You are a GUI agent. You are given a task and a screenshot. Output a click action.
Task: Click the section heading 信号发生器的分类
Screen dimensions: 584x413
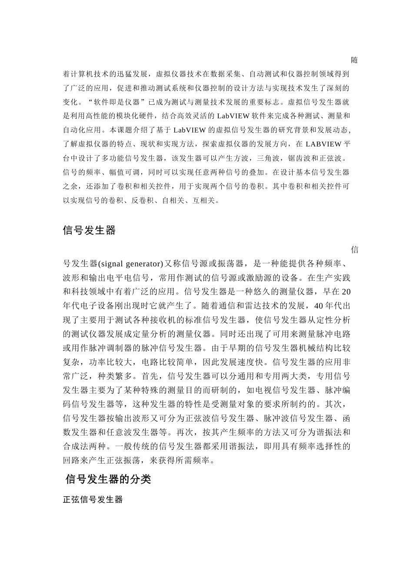click(x=108, y=479)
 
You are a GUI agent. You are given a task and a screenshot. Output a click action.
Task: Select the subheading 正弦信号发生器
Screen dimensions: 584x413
click(x=93, y=500)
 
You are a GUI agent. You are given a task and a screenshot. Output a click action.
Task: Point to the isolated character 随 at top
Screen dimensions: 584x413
click(x=354, y=60)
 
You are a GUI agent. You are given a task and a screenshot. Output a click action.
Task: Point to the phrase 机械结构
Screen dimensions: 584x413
click(x=308, y=348)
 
